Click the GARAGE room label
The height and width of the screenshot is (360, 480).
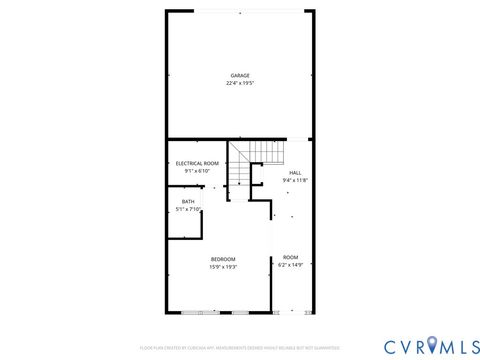(240, 75)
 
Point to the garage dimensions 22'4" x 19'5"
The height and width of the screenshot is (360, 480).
(240, 83)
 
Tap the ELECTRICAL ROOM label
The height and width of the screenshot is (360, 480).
(197, 163)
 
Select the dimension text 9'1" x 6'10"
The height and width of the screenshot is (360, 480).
(197, 171)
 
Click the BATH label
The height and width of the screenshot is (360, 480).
(188, 201)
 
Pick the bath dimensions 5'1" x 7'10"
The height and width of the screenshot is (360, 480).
(188, 209)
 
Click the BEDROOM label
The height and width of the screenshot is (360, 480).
(223, 259)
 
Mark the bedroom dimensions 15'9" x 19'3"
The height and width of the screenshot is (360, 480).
(223, 267)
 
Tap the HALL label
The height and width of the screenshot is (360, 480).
(295, 173)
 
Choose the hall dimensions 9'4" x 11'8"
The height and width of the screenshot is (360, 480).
(295, 181)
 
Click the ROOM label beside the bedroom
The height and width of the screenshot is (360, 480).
(290, 257)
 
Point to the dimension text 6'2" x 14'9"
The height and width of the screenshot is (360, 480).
(290, 265)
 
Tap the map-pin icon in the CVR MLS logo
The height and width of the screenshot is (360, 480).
(432, 346)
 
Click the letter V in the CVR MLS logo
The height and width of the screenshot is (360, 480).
(404, 346)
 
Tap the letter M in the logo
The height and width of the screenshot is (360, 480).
(446, 346)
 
